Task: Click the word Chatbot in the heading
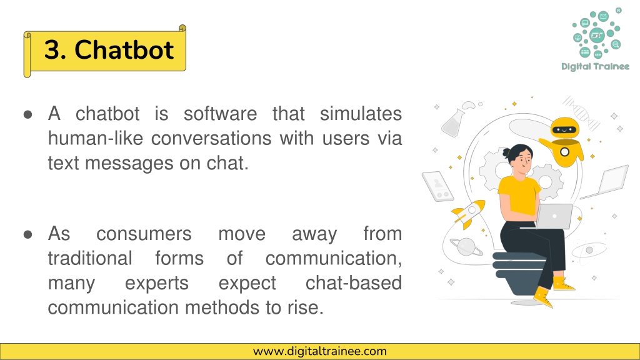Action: pos(124,50)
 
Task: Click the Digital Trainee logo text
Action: pos(595,66)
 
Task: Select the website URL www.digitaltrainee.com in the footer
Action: pos(319,351)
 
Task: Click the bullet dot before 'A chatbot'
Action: pos(27,114)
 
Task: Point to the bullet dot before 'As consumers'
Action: pos(27,234)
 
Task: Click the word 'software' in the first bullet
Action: pos(221,114)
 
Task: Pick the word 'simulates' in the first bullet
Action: pos(361,114)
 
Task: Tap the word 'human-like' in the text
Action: pos(96,138)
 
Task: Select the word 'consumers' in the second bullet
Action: pos(144,234)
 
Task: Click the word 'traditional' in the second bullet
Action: pos(90,258)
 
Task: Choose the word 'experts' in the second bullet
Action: pos(157,284)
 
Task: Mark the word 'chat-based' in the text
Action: pos(354,283)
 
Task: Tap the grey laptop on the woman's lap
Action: pos(553,216)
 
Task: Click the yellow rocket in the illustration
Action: pos(469,213)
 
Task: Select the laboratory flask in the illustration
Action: pos(454,123)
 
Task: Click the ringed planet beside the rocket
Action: pos(466,246)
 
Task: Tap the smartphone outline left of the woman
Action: pos(437,186)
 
